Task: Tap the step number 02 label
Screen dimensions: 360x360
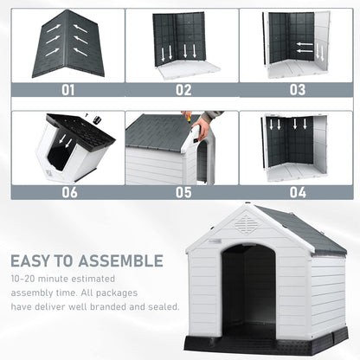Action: click(183, 89)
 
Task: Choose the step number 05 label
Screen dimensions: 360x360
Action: click(183, 192)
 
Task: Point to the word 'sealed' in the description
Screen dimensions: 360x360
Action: click(163, 305)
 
